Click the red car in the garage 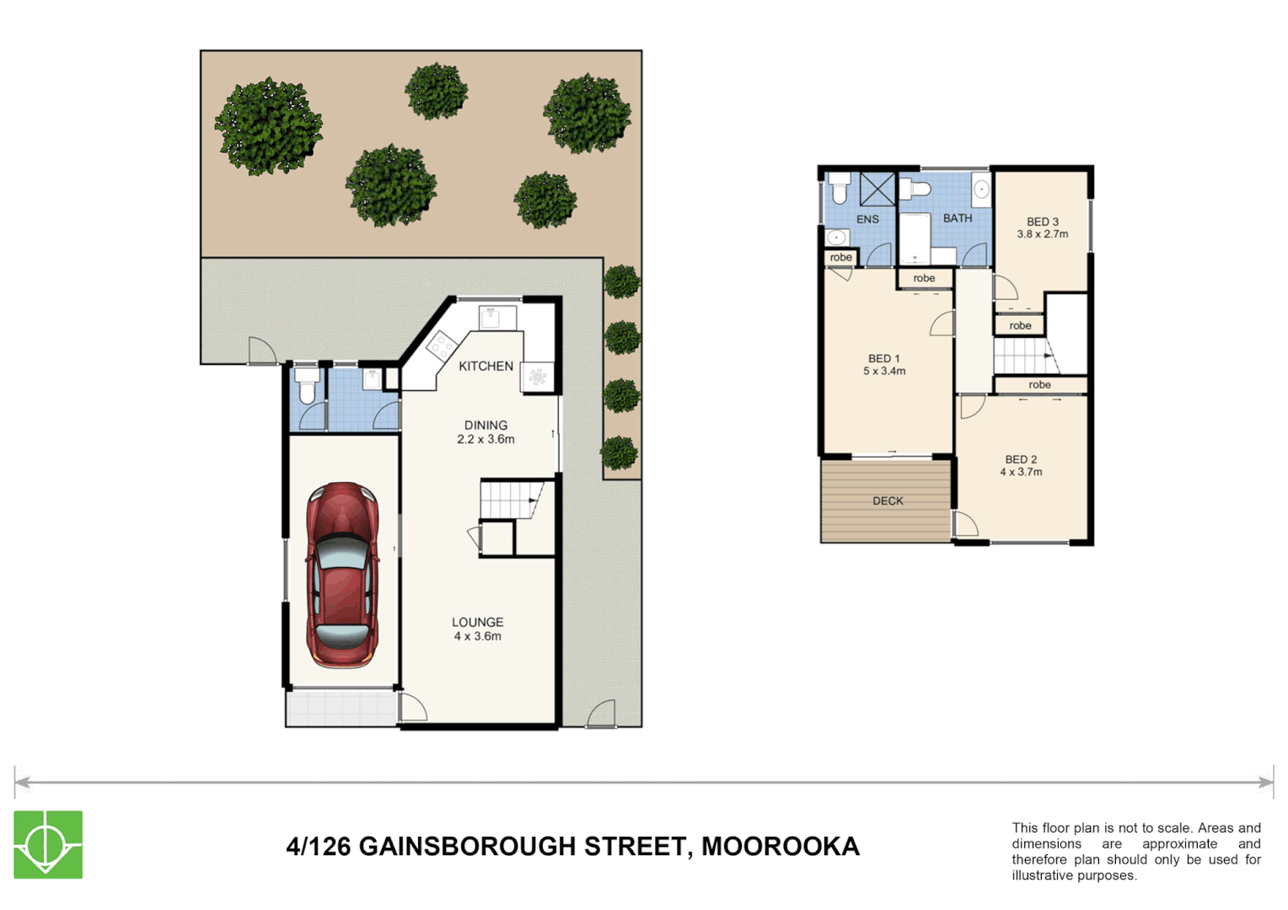tap(342, 575)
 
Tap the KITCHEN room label tap(486, 367)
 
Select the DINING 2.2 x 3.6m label tap(486, 432)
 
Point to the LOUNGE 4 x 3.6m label tap(477, 629)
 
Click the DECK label tap(888, 501)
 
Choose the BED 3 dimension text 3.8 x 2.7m tap(1042, 235)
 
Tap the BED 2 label tap(1021, 460)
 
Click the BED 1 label tap(883, 359)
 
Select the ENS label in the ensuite tap(867, 220)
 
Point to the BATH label tap(958, 218)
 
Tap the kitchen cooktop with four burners tap(442, 345)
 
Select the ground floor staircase tap(509, 499)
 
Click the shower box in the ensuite tap(877, 189)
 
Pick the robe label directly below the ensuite tap(840, 258)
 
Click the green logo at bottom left tap(48, 844)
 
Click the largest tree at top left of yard tap(269, 126)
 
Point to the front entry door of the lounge tap(413, 707)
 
